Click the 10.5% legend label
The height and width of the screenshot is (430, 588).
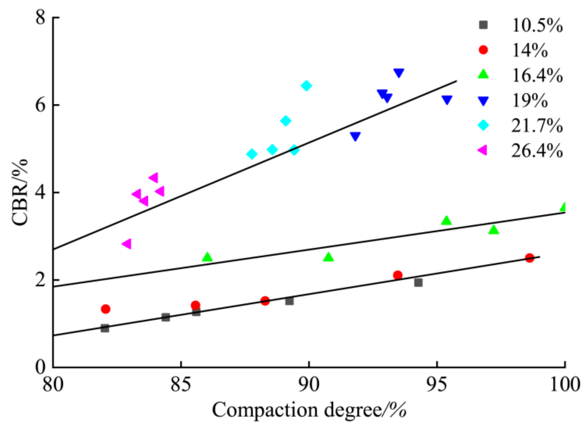[537, 26]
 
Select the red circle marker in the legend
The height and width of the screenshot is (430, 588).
[483, 50]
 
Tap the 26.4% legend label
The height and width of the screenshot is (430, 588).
[537, 151]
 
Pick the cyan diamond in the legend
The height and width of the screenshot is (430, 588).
[483, 125]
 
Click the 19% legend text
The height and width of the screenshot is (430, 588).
[530, 101]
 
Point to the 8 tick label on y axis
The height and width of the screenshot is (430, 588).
[40, 18]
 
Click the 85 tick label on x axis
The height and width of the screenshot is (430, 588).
[181, 385]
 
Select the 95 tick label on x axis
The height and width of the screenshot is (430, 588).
[437, 385]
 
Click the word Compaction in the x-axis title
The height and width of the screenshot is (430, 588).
[265, 410]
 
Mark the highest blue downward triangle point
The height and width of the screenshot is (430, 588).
[399, 73]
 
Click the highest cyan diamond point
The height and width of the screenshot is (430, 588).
[306, 86]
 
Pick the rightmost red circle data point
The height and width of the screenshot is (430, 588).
[529, 258]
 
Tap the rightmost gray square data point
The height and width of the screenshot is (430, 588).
[418, 283]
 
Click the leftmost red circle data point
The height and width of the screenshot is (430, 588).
[106, 309]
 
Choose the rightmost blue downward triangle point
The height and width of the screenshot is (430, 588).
[447, 100]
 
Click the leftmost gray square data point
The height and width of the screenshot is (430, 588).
[105, 328]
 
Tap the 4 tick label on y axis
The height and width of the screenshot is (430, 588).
[40, 193]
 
